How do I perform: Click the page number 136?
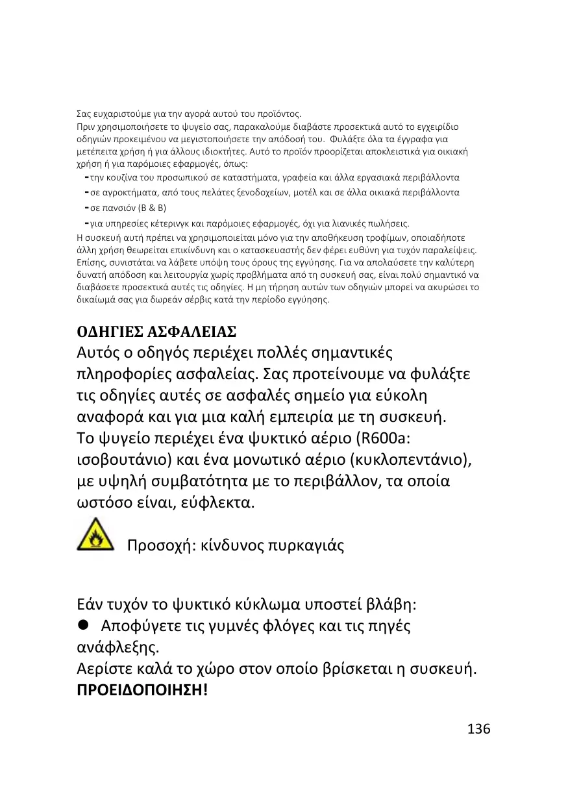pyautogui.click(x=478, y=728)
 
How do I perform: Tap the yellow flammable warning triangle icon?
pyautogui.click(x=95, y=534)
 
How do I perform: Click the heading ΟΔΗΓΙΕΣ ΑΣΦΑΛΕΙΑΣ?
pyautogui.click(x=156, y=332)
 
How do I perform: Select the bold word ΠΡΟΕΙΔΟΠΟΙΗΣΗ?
pyautogui.click(x=142, y=689)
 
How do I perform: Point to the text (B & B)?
pyautogui.click(x=151, y=208)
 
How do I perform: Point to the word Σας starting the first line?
pyautogui.click(x=83, y=115)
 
